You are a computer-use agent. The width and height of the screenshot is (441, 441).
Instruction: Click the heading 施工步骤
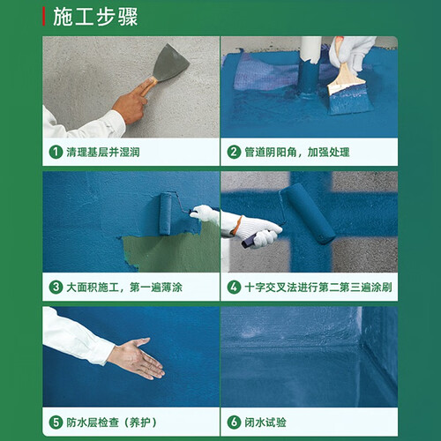tap(95, 17)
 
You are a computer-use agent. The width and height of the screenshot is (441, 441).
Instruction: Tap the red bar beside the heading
tap(44, 17)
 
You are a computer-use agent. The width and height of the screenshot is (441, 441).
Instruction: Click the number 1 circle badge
tap(56, 152)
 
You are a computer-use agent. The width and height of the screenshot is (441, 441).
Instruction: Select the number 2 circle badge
tap(234, 152)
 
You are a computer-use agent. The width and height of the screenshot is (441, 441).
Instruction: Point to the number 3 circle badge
tap(56, 287)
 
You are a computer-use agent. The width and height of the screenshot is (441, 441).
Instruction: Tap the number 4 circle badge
tap(234, 287)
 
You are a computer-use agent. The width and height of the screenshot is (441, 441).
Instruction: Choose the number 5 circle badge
tap(56, 422)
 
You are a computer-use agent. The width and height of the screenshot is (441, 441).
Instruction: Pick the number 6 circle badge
tap(234, 422)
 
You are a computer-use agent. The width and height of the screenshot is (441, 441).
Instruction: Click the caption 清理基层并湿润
tap(103, 153)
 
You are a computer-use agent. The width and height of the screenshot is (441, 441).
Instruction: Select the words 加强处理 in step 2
tap(328, 153)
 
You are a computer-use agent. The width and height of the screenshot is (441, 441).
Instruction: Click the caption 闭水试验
tap(265, 422)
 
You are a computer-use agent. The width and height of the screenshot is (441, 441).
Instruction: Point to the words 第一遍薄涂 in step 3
tap(156, 288)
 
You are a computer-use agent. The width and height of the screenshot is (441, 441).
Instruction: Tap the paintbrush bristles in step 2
tap(350, 99)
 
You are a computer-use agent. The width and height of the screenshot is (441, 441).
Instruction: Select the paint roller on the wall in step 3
tap(166, 213)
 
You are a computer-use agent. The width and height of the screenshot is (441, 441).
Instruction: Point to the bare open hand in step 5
tap(138, 358)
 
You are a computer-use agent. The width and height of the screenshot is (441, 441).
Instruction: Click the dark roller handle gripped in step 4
tap(248, 242)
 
